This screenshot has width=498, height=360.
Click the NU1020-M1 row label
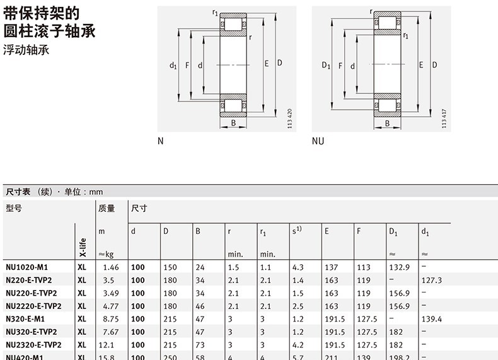(26, 267)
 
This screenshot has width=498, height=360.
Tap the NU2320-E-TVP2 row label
(33, 344)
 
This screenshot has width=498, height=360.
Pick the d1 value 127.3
(432, 280)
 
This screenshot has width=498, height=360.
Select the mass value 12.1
(106, 344)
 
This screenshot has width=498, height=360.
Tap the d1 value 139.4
(432, 318)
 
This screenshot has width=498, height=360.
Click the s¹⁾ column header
(296, 231)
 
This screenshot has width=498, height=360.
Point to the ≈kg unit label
(105, 254)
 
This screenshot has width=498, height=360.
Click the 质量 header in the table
(107, 208)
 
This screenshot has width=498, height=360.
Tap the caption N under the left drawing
(160, 141)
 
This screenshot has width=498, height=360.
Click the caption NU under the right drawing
(318, 141)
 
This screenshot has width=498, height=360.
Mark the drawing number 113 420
(289, 119)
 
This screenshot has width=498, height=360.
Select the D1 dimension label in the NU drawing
(326, 65)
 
